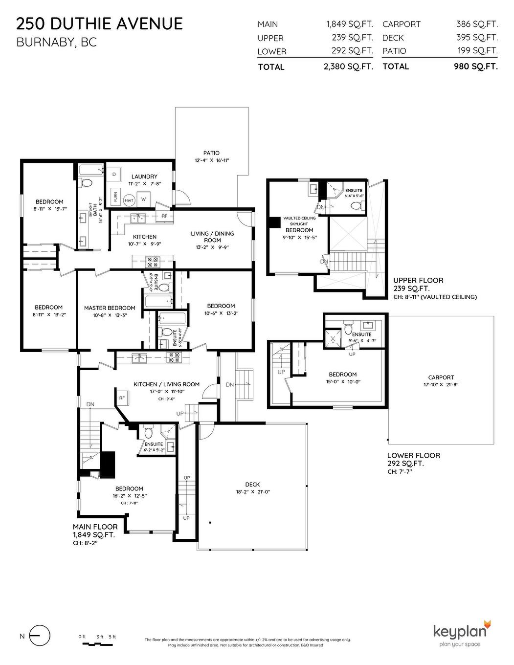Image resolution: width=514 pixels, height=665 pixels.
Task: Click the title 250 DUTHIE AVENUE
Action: [100, 23]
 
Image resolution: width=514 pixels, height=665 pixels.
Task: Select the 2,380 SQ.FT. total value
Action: [348, 67]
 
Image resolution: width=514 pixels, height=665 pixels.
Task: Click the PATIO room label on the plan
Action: [211, 153]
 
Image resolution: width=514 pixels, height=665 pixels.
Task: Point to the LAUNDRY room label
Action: [144, 177]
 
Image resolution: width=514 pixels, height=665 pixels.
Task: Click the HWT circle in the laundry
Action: [129, 200]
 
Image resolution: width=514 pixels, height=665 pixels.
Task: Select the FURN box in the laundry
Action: [115, 197]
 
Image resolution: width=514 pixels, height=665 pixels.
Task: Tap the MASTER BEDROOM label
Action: [110, 308]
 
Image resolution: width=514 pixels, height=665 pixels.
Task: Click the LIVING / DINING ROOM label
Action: [212, 237]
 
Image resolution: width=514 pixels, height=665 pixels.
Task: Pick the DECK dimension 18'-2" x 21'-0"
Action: [253, 492]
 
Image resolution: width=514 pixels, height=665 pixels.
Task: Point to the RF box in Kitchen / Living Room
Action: [122, 398]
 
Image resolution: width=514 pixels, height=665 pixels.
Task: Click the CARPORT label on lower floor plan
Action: [441, 377]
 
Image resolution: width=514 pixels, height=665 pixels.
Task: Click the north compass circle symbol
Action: [40, 636]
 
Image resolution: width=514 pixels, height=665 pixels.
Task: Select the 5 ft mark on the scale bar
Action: [112, 637]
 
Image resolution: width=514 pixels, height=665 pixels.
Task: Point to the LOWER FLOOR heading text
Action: [413, 455]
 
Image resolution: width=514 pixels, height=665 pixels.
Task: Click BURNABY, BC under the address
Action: [57, 43]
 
